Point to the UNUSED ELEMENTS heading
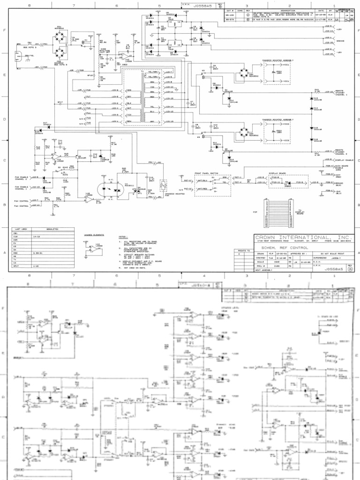(93, 235)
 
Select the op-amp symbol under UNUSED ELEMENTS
(94, 249)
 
